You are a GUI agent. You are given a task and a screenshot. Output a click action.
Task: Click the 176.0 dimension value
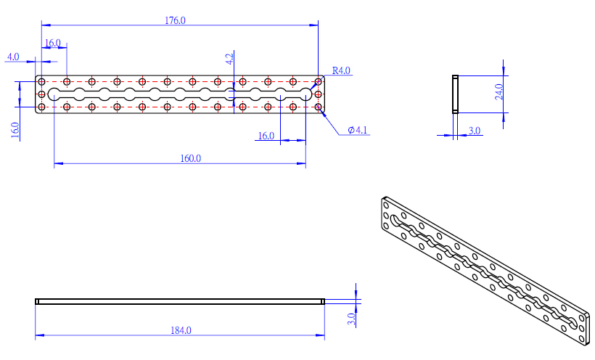pyautogui.click(x=176, y=21)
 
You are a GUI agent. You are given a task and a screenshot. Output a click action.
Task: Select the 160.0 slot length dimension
pyautogui.click(x=190, y=158)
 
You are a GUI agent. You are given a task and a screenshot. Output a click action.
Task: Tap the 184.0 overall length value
pyautogui.click(x=181, y=330)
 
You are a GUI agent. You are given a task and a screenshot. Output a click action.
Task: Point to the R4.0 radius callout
pyautogui.click(x=341, y=70)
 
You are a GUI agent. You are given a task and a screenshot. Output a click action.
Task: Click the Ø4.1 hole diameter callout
pyautogui.click(x=358, y=130)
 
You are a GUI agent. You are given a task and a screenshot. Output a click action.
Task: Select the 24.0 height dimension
pyautogui.click(x=498, y=93)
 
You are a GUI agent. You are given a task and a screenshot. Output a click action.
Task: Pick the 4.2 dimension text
pyautogui.click(x=230, y=60)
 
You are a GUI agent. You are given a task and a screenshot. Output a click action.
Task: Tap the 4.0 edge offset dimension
pyautogui.click(x=13, y=57)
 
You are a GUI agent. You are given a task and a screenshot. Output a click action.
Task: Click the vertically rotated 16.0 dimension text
pyautogui.click(x=15, y=130)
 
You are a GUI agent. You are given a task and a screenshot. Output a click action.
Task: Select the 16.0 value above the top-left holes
pyautogui.click(x=53, y=44)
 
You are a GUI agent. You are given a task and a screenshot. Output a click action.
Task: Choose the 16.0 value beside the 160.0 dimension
pyautogui.click(x=266, y=136)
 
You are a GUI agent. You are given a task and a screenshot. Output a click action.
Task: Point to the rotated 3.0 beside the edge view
pyautogui.click(x=350, y=318)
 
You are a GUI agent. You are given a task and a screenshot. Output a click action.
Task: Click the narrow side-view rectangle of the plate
pyautogui.click(x=455, y=94)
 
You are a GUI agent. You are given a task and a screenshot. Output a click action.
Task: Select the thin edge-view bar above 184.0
pyautogui.click(x=179, y=301)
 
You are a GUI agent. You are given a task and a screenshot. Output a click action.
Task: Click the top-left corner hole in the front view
pyautogui.click(x=42, y=81)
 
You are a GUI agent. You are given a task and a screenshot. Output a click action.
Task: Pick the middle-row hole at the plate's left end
pyautogui.click(x=42, y=94)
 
